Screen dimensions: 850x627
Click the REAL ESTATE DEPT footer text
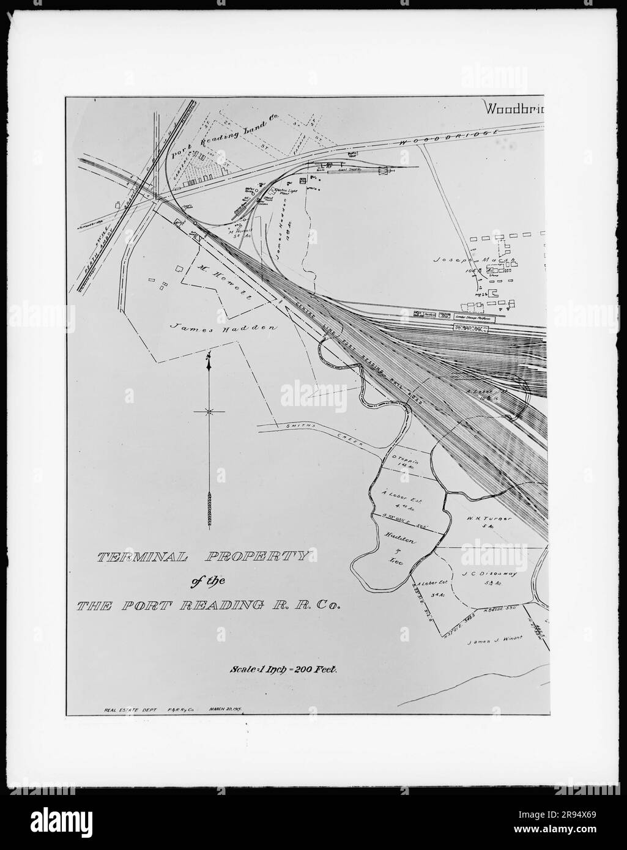[x=127, y=710]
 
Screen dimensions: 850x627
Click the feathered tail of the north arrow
[x=209, y=508]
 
